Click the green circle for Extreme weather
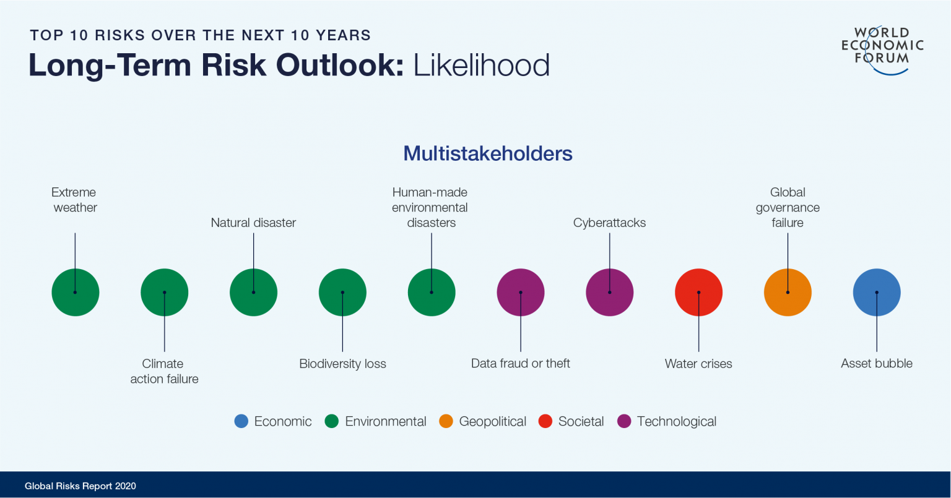tap(75, 292)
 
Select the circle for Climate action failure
tap(164, 292)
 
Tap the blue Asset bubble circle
tap(877, 292)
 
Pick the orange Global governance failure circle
tap(788, 292)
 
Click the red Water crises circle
tap(698, 292)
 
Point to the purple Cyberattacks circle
tap(610, 292)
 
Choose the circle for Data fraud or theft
tap(521, 292)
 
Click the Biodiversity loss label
tap(342, 364)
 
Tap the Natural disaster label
tap(253, 223)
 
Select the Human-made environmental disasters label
tap(430, 207)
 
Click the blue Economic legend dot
tap(241, 421)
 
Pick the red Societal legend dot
tap(545, 421)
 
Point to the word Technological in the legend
tap(677, 421)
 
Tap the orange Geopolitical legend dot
tap(446, 421)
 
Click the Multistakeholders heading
tap(488, 153)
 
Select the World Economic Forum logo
tap(882, 50)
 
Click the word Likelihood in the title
tap(482, 66)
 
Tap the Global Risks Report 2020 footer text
tap(80, 486)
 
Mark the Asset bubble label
tap(877, 363)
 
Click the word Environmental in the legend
tap(386, 421)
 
